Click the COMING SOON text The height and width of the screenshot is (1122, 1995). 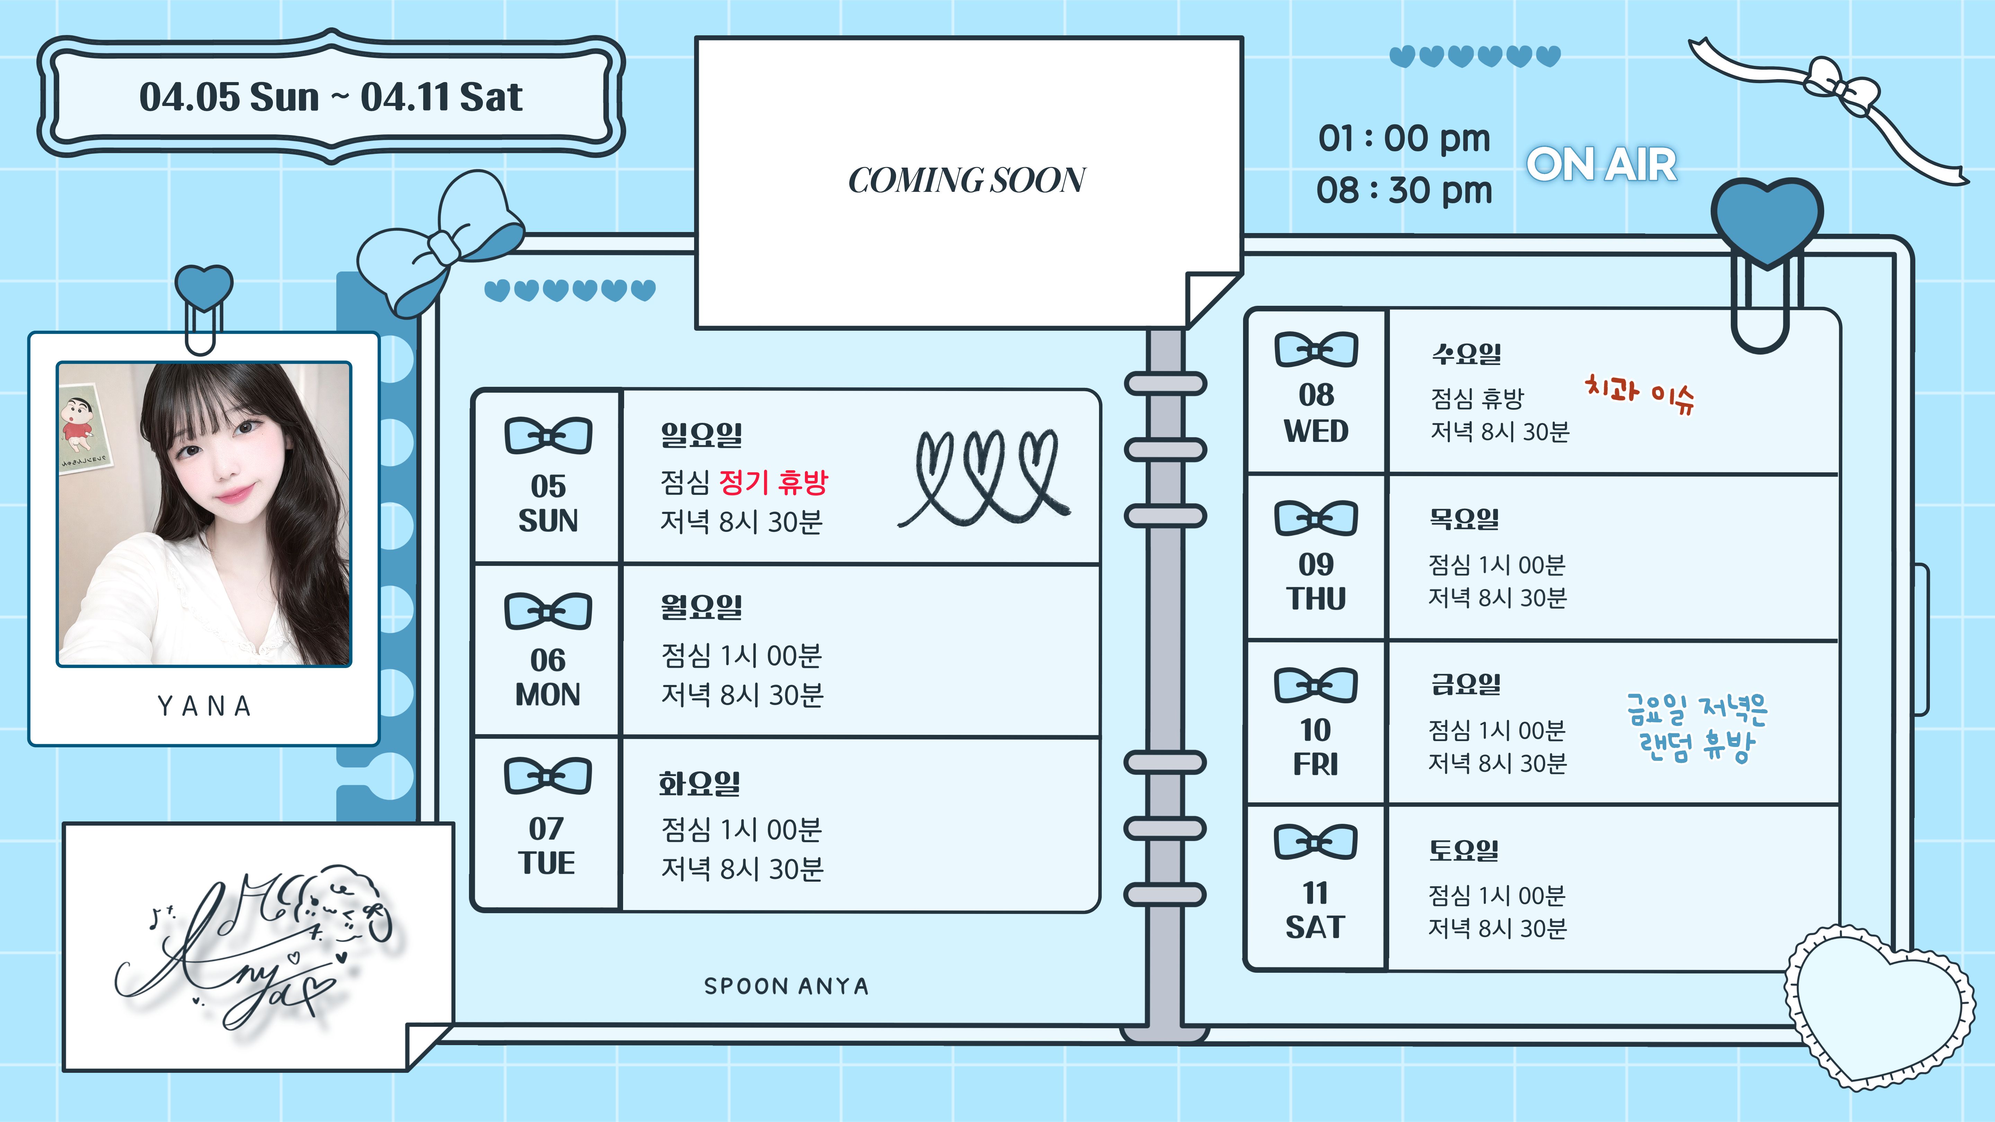click(967, 180)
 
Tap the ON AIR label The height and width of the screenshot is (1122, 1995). click(1601, 165)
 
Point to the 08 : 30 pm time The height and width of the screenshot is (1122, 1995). click(1404, 190)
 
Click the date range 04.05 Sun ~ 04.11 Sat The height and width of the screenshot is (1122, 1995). click(331, 98)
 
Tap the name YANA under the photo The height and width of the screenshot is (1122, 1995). click(204, 706)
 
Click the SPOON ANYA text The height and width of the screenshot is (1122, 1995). click(786, 986)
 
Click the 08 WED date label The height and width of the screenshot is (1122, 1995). click(1316, 413)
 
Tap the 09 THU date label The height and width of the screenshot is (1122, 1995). click(1316, 581)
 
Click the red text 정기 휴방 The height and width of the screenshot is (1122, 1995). click(773, 482)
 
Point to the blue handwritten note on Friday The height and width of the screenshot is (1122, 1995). click(1696, 728)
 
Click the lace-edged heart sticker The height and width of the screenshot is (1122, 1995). click(1878, 1005)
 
